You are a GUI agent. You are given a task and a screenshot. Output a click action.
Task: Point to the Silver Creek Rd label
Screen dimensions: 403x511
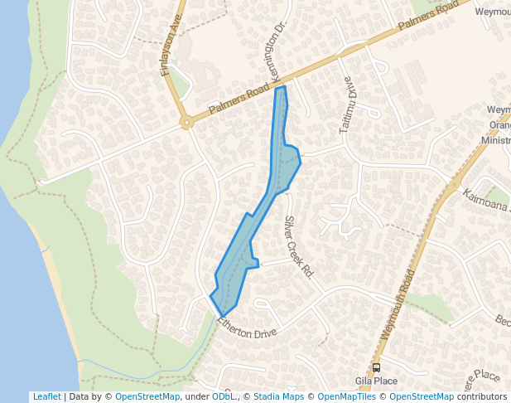click(x=297, y=245)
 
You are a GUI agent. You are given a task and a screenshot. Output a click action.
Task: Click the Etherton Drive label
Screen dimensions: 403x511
click(x=247, y=325)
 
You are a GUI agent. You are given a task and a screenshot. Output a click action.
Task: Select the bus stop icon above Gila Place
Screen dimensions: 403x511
click(x=376, y=367)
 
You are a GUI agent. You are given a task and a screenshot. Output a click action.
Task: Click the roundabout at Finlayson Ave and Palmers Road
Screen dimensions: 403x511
click(x=186, y=124)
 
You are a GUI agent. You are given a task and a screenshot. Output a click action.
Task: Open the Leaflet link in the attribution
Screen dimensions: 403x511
click(x=46, y=396)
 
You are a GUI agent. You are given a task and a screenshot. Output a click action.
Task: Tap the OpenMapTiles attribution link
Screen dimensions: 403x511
click(x=340, y=396)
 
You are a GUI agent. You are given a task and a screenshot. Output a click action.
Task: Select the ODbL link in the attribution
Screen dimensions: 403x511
click(x=223, y=396)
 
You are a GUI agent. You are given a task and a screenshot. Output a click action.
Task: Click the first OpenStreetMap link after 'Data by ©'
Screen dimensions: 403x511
click(x=147, y=396)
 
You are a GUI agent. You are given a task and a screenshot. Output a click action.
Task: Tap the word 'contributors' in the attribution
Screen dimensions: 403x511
click(x=482, y=396)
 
